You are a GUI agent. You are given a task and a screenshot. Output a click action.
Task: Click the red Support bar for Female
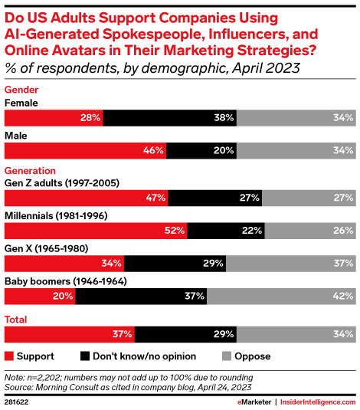point(54,118)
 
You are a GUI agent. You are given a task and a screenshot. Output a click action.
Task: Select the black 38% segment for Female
point(170,118)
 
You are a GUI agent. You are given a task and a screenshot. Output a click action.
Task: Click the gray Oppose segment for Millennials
point(310,230)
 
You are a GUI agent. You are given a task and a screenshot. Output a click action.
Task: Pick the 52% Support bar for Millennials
point(96,230)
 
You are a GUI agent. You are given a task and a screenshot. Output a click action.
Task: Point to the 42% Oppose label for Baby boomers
point(342,296)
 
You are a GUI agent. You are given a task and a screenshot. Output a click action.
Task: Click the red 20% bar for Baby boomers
point(41,296)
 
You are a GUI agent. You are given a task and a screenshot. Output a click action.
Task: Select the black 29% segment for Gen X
point(175,263)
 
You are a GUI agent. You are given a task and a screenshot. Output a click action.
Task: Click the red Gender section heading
point(21,89)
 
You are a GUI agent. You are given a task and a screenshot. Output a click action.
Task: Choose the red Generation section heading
point(30,170)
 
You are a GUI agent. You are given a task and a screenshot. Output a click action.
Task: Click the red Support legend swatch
point(9,356)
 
